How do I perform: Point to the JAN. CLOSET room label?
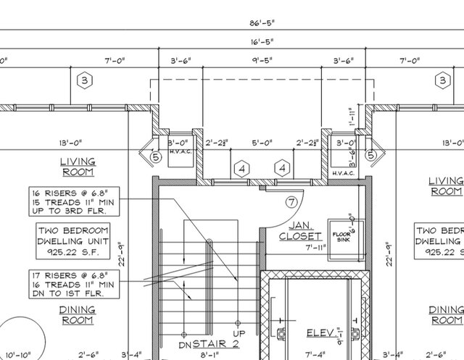coord(301,230)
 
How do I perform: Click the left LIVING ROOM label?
coord(78,167)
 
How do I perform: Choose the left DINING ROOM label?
coord(78,314)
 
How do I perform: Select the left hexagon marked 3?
coord(84,80)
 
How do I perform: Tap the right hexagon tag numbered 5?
coord(370,155)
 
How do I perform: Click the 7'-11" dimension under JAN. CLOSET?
coord(314,248)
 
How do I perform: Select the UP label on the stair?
coord(236,334)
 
